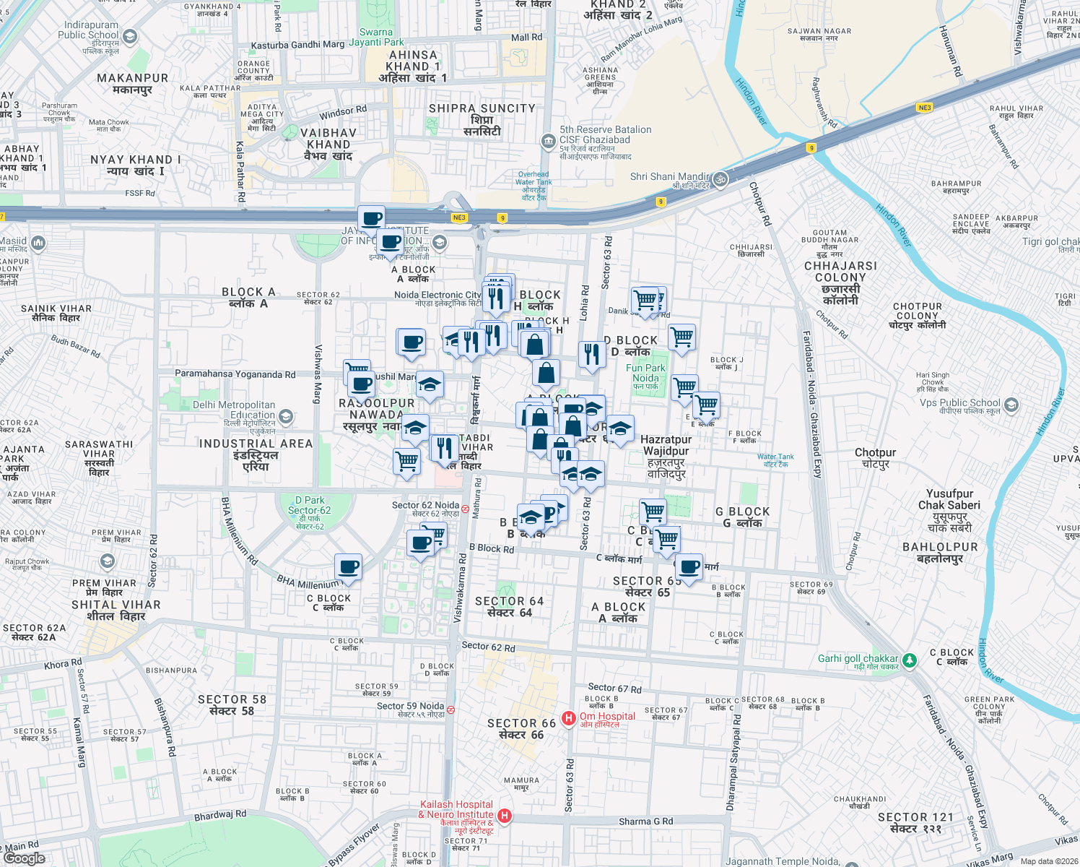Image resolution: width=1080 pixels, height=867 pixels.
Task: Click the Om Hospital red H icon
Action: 569,718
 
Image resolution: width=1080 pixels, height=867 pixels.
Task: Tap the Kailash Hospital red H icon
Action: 505,816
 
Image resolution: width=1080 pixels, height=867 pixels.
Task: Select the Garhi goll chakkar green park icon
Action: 910,660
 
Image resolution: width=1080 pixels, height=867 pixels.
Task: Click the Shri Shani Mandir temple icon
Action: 720,178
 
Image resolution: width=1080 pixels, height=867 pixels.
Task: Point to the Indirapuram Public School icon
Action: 130,36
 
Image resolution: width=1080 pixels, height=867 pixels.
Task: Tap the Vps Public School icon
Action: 1011,404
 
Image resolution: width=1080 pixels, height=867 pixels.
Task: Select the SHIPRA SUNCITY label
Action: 482,108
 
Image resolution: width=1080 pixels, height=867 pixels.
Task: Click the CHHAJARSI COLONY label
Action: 840,272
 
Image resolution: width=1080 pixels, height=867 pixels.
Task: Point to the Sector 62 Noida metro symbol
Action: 466,509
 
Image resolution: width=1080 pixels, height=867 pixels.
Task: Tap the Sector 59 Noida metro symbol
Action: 450,709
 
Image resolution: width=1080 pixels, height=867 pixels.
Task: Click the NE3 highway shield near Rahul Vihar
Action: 925,108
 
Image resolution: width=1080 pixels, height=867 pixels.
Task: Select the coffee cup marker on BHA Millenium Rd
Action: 348,567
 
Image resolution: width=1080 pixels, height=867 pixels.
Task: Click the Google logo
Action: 24,858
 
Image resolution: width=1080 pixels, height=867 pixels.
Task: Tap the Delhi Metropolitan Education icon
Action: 286,416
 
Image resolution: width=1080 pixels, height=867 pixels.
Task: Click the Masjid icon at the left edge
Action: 38,243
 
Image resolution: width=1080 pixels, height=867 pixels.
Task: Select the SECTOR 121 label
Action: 915,817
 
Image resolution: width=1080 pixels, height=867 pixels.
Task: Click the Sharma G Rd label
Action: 645,821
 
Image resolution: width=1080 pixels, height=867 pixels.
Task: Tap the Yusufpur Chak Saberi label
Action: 949,499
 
